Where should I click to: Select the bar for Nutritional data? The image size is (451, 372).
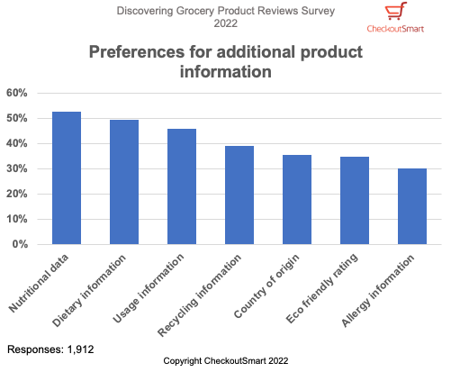point(67,178)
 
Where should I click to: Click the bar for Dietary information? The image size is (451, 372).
point(124,182)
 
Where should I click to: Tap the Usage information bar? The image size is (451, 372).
point(182,186)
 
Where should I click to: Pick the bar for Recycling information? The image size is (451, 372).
point(239,195)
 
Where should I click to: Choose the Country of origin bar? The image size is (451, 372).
point(297,199)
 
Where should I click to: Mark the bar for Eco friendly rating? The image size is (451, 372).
point(355,200)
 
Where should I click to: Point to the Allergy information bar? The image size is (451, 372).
point(412,206)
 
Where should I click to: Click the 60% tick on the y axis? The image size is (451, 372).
point(18,93)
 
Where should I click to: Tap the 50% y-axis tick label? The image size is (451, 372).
point(18,118)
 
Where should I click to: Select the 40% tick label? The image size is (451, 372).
point(18,143)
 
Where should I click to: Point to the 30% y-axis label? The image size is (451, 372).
point(18,168)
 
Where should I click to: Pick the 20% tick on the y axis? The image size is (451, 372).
point(18,194)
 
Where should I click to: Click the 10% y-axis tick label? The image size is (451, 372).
point(18,219)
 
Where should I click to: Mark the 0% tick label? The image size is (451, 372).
point(22,244)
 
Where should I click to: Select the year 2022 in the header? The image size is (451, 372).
point(225,23)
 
